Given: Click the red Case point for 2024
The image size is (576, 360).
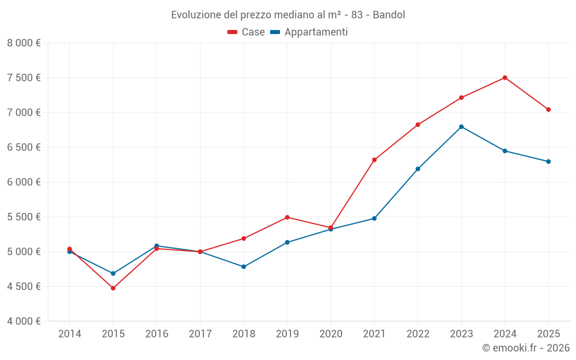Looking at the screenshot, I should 505,78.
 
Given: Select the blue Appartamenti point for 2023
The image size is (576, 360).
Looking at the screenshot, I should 461,127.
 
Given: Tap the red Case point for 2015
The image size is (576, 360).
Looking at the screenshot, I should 113,288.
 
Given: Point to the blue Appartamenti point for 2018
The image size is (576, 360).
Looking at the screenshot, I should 244,267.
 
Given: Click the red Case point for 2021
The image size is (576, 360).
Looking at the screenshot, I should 374,160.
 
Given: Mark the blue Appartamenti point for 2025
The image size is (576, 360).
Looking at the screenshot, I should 548,161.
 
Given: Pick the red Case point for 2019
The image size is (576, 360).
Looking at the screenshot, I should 287,217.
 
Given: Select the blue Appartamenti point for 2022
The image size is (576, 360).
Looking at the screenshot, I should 418,169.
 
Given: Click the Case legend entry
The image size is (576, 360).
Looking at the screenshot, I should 247,32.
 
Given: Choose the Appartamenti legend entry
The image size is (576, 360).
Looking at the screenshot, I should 309,32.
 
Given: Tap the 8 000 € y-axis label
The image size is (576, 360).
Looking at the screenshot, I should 24,43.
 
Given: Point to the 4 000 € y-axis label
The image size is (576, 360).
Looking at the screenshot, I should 24,321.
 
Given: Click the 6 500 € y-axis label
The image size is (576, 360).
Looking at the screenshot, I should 24,147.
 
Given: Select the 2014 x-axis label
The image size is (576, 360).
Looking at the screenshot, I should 70,334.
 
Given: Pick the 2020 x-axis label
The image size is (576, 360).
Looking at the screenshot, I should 331,334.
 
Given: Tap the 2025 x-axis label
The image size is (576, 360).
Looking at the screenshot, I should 548,334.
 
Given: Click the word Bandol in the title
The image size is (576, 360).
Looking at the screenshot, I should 389,14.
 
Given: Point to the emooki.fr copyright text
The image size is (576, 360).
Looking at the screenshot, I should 525,348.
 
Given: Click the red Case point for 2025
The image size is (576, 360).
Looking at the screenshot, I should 548,109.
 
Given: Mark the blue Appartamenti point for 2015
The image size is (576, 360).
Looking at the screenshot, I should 113,274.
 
